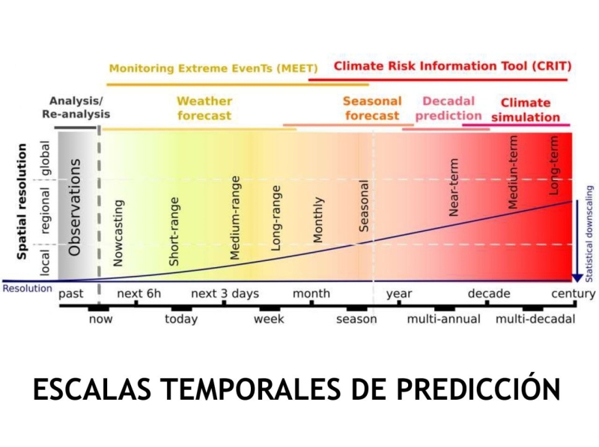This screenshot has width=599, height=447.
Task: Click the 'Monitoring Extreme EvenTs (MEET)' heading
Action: point(213,68)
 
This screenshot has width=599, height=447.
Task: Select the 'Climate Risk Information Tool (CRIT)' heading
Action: point(452,66)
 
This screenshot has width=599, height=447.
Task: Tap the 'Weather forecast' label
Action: point(204,108)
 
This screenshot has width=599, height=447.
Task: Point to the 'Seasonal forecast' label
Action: point(372,108)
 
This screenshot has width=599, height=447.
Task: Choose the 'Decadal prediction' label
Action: point(449,108)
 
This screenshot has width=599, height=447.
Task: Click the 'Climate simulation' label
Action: point(526,109)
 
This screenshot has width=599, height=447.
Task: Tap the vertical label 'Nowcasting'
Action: point(118,232)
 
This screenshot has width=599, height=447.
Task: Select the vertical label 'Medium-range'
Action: point(235,217)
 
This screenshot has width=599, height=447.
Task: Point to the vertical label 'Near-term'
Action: point(453,187)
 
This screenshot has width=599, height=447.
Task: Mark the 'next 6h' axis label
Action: point(139,293)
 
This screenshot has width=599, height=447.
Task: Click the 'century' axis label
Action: point(574,293)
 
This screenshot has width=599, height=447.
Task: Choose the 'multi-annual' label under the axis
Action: point(444,319)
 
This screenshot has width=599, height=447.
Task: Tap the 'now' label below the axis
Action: point(100,319)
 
